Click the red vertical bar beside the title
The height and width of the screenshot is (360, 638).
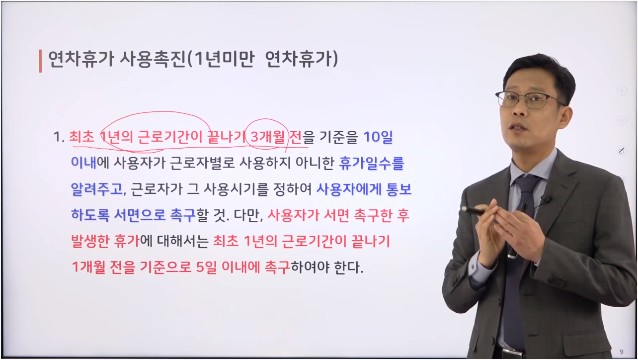coord(40,61)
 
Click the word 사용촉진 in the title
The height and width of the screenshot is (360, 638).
coord(153,59)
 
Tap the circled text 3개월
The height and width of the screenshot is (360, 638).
coord(267,137)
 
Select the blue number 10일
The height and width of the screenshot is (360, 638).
coord(378,137)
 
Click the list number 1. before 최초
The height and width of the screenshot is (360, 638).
coord(59,137)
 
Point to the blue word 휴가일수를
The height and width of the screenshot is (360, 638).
coord(371,163)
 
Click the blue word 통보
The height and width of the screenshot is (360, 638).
coord(399,188)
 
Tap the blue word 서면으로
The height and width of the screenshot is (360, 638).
coord(140,215)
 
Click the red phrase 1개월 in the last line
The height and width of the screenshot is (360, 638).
coord(88,267)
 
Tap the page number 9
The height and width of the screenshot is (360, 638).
coord(622,352)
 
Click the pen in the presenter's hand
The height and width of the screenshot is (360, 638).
coord(474,211)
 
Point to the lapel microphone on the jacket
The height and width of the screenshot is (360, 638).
coord(546,199)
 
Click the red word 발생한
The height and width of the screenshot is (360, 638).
coord(90,241)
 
